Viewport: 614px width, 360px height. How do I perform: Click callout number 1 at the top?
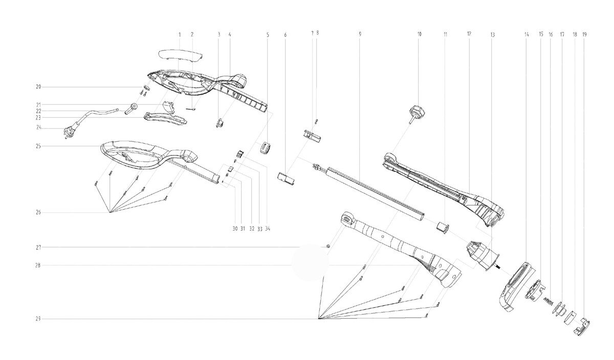180,34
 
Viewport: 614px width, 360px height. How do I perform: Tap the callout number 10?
420,34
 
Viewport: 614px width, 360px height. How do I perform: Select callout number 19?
584,34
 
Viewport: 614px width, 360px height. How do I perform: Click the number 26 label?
38,212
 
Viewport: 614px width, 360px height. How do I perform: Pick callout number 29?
38,319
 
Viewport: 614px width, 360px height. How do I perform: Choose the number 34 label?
267,228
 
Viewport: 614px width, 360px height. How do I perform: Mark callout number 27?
38,247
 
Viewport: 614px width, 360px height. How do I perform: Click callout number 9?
360,34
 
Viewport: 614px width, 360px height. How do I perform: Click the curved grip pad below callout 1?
180,54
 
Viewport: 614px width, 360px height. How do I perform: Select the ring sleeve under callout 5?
265,147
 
